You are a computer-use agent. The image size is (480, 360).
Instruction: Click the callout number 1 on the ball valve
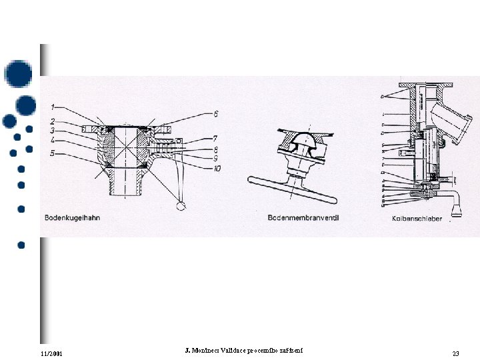pyautogui.click(x=53, y=107)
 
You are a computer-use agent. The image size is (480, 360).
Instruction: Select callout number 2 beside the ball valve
pyautogui.click(x=53, y=122)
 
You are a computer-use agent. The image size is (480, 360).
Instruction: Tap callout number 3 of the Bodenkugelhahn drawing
pyautogui.click(x=53, y=131)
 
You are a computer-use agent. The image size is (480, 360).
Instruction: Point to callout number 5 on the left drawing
pyautogui.click(x=53, y=153)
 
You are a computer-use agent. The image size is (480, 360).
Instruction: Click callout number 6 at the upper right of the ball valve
pyautogui.click(x=215, y=114)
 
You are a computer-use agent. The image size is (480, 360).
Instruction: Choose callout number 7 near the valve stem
pyautogui.click(x=215, y=138)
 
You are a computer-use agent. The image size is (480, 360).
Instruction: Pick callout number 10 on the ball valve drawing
pyautogui.click(x=217, y=168)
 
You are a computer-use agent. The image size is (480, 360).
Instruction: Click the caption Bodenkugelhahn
pyautogui.click(x=72, y=217)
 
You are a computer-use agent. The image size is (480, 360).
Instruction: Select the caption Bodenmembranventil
pyautogui.click(x=303, y=217)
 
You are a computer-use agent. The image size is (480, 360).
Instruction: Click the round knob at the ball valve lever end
pyautogui.click(x=181, y=206)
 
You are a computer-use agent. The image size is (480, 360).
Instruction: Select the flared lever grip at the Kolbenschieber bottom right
pyautogui.click(x=457, y=209)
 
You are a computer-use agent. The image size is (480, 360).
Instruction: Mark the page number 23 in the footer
pyautogui.click(x=456, y=353)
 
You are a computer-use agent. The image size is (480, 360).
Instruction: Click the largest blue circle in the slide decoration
pyautogui.click(x=18, y=73)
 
